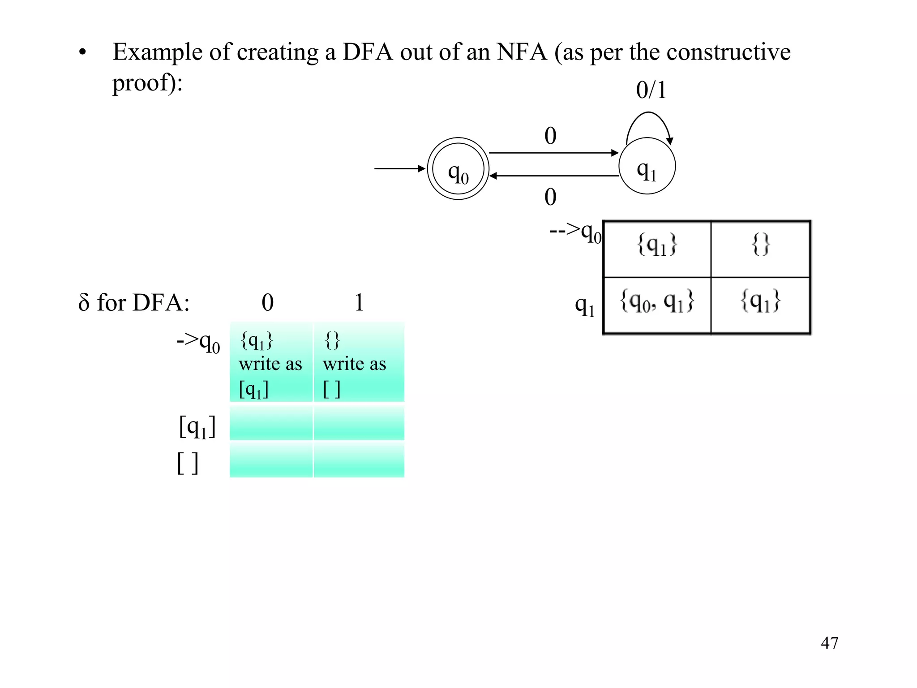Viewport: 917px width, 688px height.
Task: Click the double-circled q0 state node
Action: tap(458, 169)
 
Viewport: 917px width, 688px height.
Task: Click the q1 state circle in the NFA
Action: tap(647, 166)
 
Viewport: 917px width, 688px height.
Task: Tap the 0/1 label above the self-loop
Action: tap(651, 90)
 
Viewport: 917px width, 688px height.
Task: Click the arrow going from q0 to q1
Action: tap(553, 153)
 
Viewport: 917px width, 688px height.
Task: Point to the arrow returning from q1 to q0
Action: tap(553, 176)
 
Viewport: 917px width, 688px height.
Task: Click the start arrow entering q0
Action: tap(399, 168)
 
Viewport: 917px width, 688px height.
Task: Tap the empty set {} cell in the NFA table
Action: tap(760, 245)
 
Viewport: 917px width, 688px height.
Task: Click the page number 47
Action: tap(829, 643)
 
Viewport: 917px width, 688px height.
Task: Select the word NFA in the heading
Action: tap(521, 52)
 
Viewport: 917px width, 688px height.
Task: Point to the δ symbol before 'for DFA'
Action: tap(84, 303)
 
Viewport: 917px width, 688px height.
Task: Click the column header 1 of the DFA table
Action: tap(359, 303)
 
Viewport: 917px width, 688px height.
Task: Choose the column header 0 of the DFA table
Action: tap(268, 303)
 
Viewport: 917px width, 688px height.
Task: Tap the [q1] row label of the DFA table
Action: tap(197, 427)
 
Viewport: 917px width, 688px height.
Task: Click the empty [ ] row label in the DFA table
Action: tap(188, 463)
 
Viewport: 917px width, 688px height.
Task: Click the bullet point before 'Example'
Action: tap(82, 53)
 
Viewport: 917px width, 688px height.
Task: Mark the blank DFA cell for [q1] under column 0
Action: tap(271, 423)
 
